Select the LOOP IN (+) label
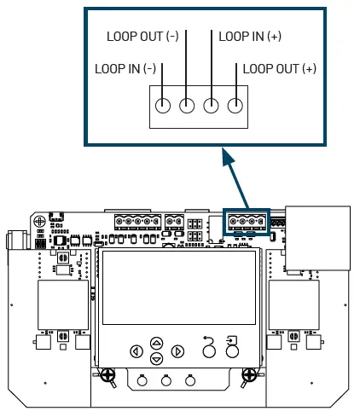[x=250, y=37]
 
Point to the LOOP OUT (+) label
[x=279, y=68]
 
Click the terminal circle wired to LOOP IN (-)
[x=163, y=107]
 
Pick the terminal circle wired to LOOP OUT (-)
[x=187, y=107]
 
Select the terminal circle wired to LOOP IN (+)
[x=211, y=107]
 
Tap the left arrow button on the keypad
[x=136, y=350]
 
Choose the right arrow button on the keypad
[x=177, y=350]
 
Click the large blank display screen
[x=179, y=287]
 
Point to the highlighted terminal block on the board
[x=246, y=222]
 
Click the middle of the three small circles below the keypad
[x=165, y=381]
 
